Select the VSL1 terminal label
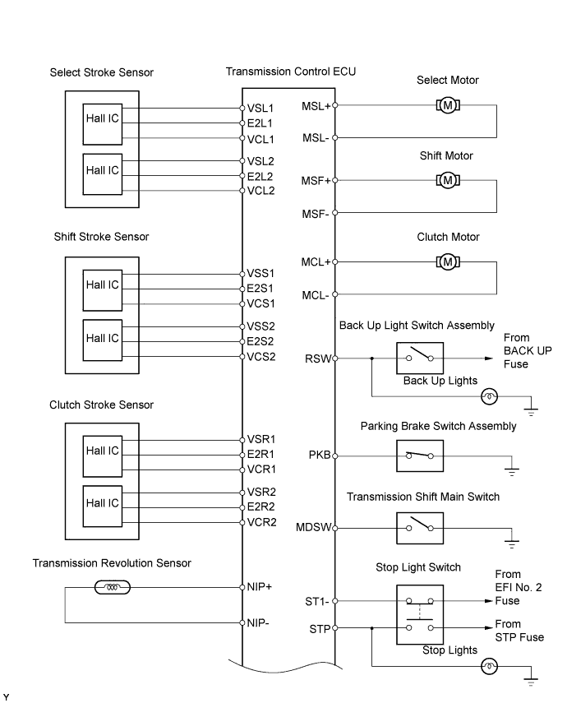click(260, 108)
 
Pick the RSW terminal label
click(318, 358)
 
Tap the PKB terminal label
click(319, 455)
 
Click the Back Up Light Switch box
click(420, 358)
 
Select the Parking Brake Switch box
click(420, 455)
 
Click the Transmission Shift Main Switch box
click(420, 527)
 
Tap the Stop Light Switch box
click(420, 614)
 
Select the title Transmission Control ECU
click(291, 72)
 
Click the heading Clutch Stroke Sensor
click(101, 405)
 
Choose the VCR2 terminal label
click(262, 522)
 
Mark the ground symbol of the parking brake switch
click(510, 471)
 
